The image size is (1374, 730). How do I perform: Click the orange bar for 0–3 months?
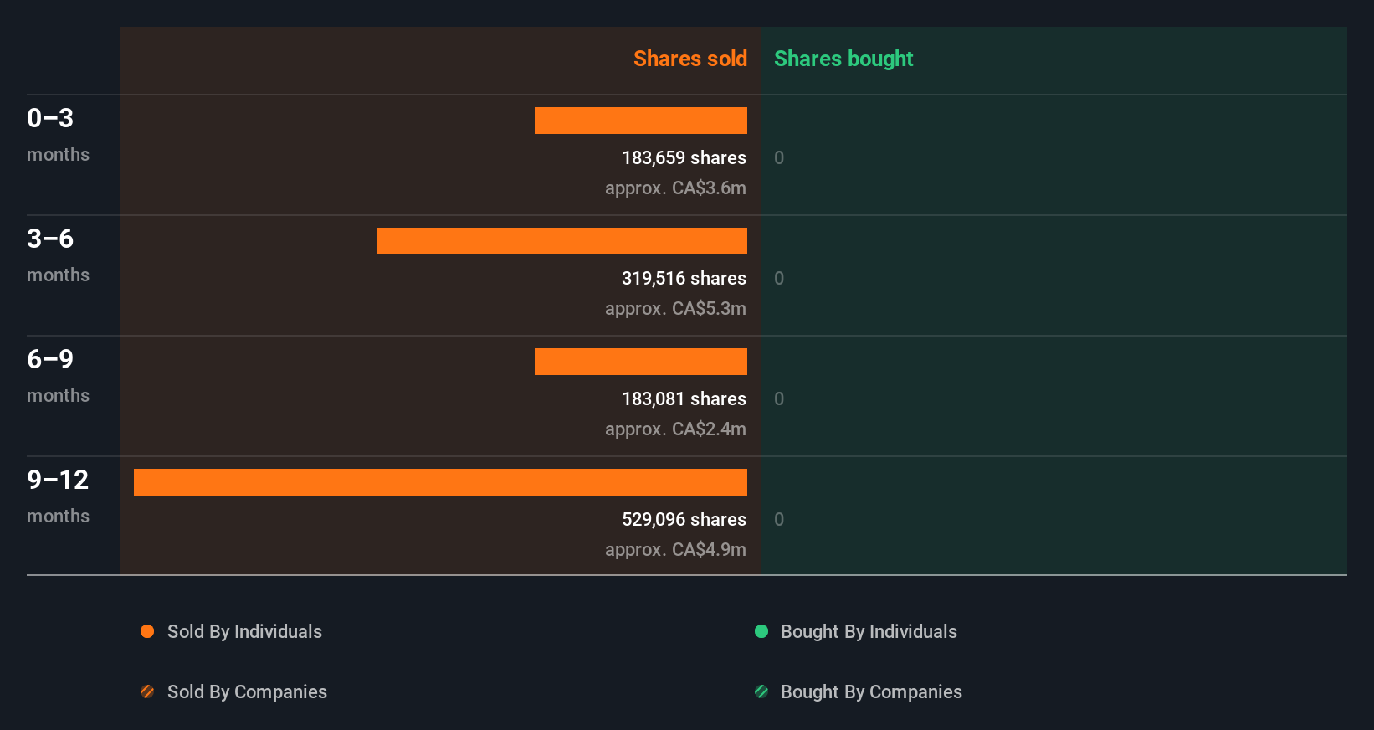tap(641, 121)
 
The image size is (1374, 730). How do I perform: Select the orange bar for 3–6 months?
tap(561, 241)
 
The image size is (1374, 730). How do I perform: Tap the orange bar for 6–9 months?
tap(641, 362)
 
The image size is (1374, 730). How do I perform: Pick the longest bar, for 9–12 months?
tap(440, 482)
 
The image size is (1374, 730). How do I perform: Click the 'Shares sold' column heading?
tap(690, 59)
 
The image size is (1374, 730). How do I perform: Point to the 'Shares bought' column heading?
tap(843, 59)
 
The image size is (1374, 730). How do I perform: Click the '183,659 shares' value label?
tap(684, 157)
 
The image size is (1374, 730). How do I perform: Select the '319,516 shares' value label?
tap(684, 278)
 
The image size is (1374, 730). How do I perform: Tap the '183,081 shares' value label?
tap(684, 398)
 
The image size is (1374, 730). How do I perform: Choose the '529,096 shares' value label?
tap(684, 519)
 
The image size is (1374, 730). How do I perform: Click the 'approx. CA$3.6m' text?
tap(675, 188)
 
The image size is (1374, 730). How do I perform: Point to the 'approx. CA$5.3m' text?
tap(675, 308)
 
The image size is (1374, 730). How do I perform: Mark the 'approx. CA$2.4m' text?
tap(675, 429)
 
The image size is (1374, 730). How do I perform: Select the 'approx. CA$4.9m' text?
tap(675, 549)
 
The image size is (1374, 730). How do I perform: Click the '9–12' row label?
tap(58, 480)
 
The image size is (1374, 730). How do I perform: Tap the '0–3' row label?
tap(50, 118)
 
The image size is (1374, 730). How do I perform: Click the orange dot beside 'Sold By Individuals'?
tap(147, 631)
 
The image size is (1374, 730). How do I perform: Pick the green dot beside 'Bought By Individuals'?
tap(761, 631)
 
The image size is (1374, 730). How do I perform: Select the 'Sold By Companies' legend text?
tap(247, 691)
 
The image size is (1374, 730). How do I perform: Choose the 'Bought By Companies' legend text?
tap(871, 691)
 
